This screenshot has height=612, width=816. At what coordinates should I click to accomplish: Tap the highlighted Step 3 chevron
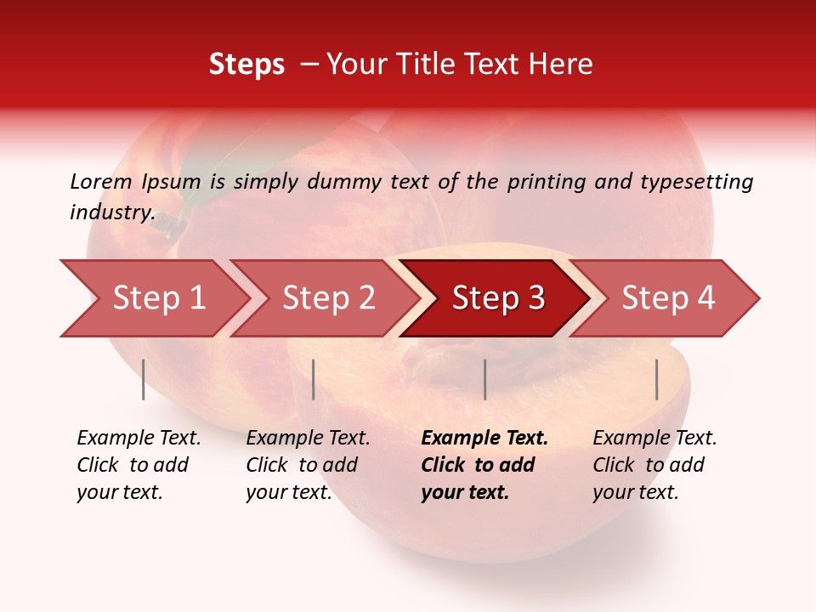(x=498, y=298)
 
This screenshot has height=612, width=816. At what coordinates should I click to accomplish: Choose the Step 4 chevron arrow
(x=668, y=298)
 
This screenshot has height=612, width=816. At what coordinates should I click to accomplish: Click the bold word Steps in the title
(x=246, y=65)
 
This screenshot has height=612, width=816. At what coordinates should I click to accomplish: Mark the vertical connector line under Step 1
(x=144, y=379)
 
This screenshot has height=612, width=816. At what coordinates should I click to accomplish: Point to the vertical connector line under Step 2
(x=314, y=379)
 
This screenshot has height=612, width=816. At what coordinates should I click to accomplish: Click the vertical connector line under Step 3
(x=484, y=379)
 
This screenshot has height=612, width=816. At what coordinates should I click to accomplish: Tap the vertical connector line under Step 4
(x=656, y=379)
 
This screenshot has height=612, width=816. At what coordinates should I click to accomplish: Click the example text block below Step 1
(x=139, y=465)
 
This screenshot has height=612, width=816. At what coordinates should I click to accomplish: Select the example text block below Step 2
(x=308, y=465)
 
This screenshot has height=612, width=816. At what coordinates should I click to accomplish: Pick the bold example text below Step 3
(x=484, y=465)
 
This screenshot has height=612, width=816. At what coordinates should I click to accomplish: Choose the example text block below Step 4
(x=654, y=465)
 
